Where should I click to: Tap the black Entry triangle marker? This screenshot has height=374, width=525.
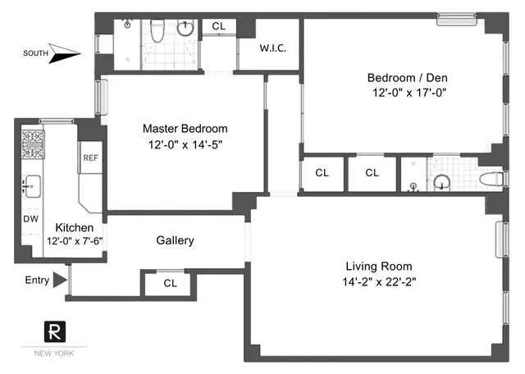click(59, 280)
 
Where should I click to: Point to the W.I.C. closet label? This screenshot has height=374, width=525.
click(272, 48)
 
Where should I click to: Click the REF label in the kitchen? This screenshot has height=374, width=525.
click(89, 158)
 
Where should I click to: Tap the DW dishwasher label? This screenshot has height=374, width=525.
click(30, 220)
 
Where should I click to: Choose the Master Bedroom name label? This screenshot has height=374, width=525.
click(185, 129)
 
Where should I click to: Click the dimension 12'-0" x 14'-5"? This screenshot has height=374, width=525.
click(185, 144)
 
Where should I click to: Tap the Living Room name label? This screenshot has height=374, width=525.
click(378, 266)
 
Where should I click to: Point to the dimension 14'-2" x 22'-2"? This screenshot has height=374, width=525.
click(378, 282)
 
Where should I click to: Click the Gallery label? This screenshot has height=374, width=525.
click(175, 240)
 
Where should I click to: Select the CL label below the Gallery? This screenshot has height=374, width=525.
click(170, 283)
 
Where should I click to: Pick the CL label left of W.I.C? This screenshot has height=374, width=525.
click(218, 26)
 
